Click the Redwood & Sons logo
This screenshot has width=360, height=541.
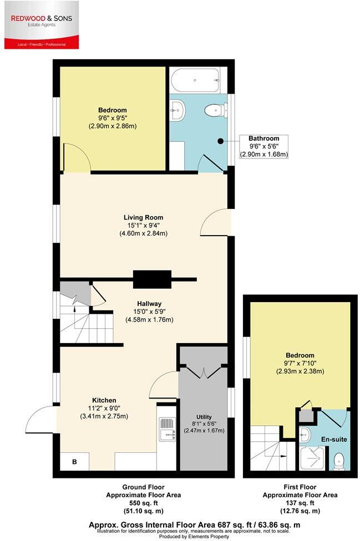coord(42,25)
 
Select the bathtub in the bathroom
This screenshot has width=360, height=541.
coord(195,80)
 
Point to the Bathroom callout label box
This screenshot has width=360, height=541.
coord(263,146)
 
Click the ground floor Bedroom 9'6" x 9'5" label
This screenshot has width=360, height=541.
coord(113,118)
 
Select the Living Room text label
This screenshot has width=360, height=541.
coord(143,225)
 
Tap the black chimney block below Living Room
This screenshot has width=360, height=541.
coord(151,279)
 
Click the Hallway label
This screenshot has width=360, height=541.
coord(150,311)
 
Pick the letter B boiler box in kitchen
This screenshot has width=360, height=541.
coord(74,461)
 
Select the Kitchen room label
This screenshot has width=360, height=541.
coord(104,408)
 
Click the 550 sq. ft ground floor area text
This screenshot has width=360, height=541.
coord(143,502)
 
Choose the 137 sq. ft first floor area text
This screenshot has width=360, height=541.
coord(300,502)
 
